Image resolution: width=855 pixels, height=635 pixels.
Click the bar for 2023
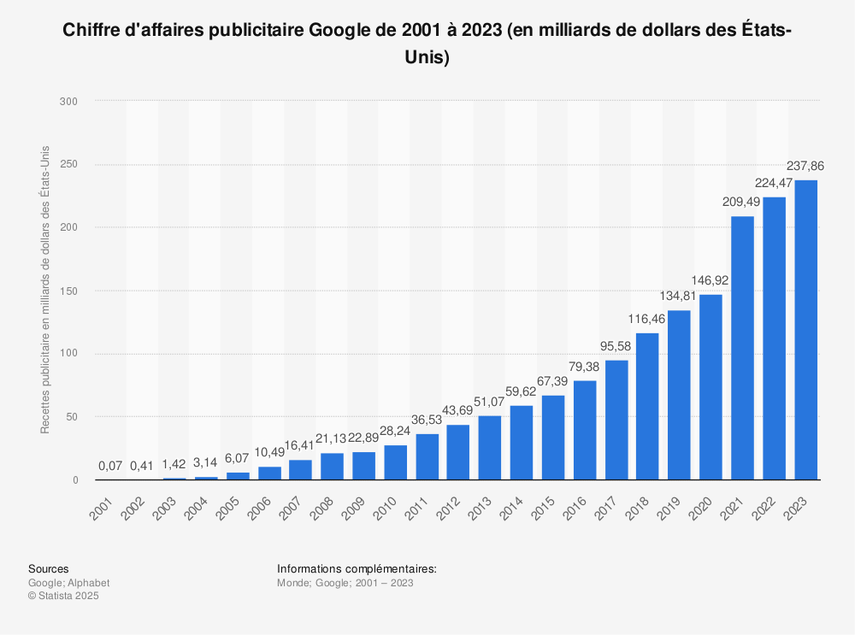[x=805, y=330]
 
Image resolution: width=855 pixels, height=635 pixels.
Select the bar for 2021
[x=742, y=348]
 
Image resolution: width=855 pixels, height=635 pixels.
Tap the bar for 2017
[x=616, y=420]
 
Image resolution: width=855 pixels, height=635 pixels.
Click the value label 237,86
[x=805, y=166]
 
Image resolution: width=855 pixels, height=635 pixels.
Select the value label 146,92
[x=711, y=280]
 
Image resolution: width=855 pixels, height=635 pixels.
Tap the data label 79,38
[x=585, y=367]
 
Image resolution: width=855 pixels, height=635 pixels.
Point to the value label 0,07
[x=110, y=467]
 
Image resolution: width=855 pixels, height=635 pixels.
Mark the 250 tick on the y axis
[x=69, y=164]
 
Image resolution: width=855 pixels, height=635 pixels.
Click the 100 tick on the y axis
[x=69, y=354]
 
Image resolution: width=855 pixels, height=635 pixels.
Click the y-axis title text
[x=45, y=291]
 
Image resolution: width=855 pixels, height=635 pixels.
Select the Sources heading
[x=49, y=568]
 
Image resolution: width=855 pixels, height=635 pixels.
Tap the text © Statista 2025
[x=64, y=596]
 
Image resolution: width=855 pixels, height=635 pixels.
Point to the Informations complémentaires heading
[x=357, y=568]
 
